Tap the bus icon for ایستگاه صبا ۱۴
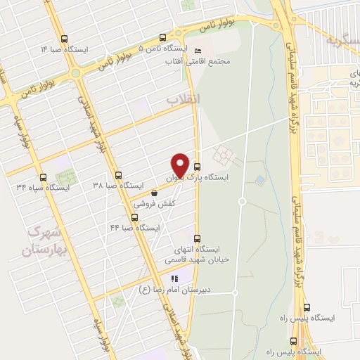[65, 39]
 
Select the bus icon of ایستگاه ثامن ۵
[163, 38]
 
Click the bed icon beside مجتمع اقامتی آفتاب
[198, 51]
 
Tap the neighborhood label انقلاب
[183, 100]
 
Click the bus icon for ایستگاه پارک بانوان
[197, 167]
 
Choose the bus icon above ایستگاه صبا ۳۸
[118, 175]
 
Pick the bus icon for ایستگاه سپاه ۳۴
[43, 177]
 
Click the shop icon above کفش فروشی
[154, 192]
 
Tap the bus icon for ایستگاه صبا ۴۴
[134, 217]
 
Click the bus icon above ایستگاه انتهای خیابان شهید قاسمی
[197, 238]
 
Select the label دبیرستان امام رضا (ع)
[186, 290]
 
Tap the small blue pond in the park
[261, 181]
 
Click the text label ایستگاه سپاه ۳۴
[43, 188]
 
